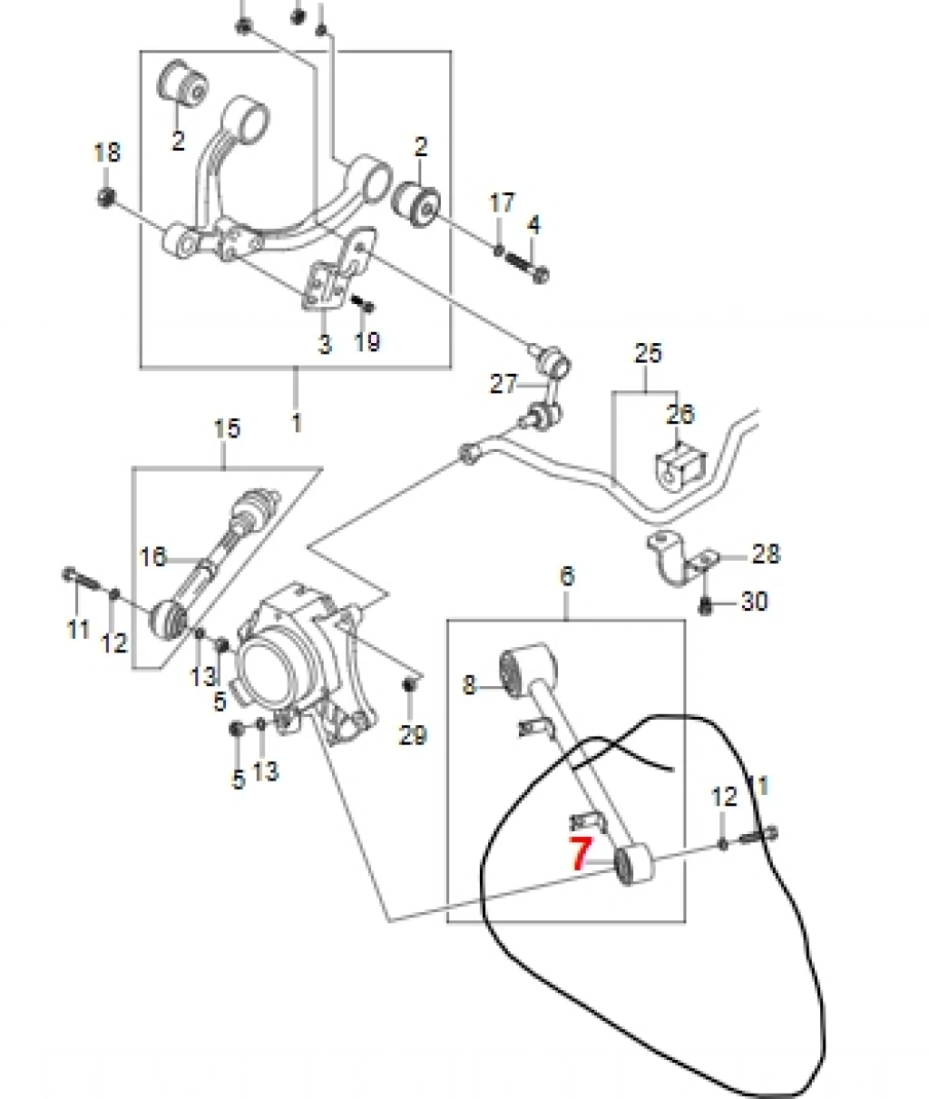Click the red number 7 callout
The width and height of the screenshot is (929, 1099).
[x=581, y=868]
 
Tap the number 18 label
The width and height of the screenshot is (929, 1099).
[x=107, y=153]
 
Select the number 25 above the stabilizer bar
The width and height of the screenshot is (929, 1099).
[x=648, y=353]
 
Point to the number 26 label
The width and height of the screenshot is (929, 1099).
[x=680, y=414]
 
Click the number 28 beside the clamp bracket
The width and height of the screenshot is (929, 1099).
[x=766, y=554]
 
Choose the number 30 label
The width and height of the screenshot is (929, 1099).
[x=754, y=602]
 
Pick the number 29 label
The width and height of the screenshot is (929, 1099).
[x=413, y=736]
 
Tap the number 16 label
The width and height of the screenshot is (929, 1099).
[x=152, y=557]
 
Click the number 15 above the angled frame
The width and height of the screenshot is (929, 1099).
[x=227, y=428]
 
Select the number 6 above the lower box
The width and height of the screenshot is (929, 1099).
[x=567, y=576]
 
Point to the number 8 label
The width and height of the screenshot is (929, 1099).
[x=469, y=685]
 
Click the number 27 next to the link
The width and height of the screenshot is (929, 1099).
[x=504, y=384]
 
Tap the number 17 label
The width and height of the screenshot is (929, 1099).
[x=502, y=202]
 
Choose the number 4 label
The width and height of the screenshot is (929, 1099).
[x=533, y=225]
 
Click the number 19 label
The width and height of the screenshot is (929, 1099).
[x=367, y=341]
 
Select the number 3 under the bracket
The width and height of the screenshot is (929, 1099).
[x=325, y=345]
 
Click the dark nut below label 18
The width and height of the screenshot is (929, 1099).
[x=107, y=197]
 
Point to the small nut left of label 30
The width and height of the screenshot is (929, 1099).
[x=706, y=605]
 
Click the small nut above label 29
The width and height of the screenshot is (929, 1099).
[x=408, y=685]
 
